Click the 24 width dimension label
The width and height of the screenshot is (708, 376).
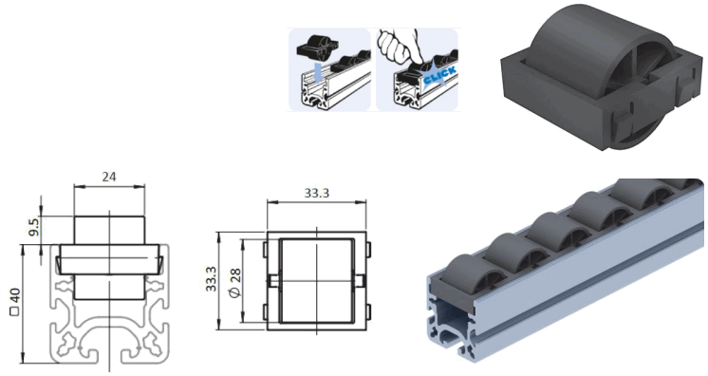pos(108,177)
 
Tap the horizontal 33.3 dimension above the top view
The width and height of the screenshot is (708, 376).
pos(317,193)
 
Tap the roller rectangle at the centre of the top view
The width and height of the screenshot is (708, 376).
pos(316,282)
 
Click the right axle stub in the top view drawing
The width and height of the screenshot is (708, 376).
pos(366,282)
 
